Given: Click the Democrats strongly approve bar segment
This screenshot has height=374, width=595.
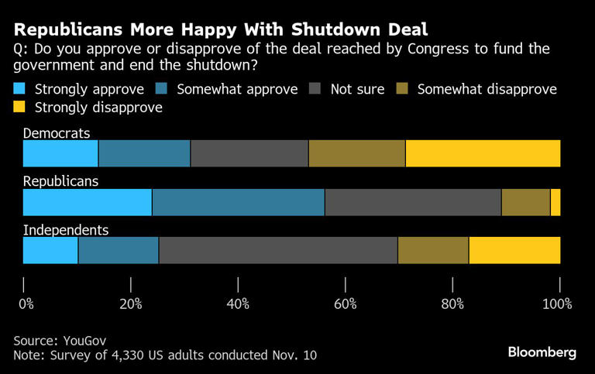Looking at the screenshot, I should coord(60,153).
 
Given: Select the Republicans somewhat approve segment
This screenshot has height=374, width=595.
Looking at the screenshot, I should coord(238,202).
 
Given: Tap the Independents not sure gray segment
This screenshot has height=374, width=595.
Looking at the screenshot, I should coord(278,250).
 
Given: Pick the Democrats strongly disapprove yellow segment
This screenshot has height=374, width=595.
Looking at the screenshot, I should coord(483,153).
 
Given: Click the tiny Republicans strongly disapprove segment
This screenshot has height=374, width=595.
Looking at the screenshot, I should coord(555,202).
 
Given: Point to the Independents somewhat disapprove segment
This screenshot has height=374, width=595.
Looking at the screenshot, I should coord(433,250).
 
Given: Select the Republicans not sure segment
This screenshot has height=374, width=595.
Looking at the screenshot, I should coord(413,202).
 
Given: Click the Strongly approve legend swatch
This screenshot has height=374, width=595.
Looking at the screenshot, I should coord(20,89).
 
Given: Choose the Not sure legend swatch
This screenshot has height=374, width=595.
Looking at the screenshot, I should coord(315,89).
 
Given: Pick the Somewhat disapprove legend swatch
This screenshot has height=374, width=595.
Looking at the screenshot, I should coord(403,89).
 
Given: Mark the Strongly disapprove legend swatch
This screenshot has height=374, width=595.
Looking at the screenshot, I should coord(20,107).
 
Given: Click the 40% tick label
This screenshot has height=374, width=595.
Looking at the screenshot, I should coord(238,304).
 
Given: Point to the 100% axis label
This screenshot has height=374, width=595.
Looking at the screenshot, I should coord(557,304).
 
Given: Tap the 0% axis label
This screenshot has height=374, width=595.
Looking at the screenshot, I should coord(26,304).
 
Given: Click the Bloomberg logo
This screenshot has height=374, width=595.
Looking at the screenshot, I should coord(542,352).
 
